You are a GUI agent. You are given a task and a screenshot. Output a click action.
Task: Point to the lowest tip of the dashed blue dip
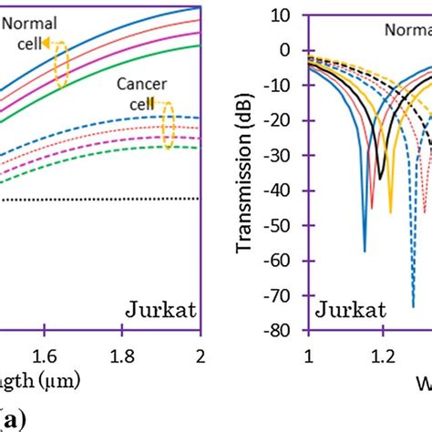413,306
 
